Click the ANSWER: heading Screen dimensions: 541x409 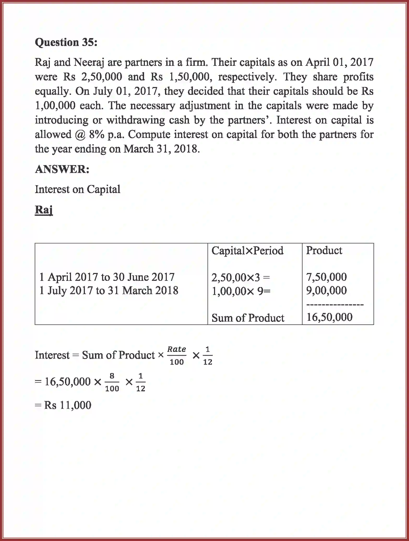(x=62, y=169)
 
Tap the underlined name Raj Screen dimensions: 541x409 (x=44, y=210)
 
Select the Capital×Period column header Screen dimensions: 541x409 (x=247, y=251)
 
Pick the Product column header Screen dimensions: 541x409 (x=324, y=251)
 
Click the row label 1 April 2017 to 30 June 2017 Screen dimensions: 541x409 (x=107, y=277)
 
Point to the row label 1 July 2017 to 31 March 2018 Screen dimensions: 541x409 (x=109, y=290)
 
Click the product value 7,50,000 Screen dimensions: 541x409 (x=326, y=277)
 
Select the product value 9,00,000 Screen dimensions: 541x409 (x=326, y=290)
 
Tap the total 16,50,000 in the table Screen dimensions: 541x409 (x=329, y=317)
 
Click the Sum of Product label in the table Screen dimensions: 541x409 (x=248, y=318)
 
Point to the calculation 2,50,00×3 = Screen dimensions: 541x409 (x=240, y=277)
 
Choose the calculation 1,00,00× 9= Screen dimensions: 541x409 (x=241, y=291)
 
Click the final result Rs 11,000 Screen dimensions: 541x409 (x=68, y=405)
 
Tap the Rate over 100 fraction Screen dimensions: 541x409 (x=177, y=355)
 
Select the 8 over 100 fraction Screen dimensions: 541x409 (x=112, y=382)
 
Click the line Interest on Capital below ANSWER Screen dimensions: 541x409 (x=78, y=189)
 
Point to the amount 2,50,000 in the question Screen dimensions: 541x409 (x=102, y=77)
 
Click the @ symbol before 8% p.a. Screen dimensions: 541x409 (x=80, y=135)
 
